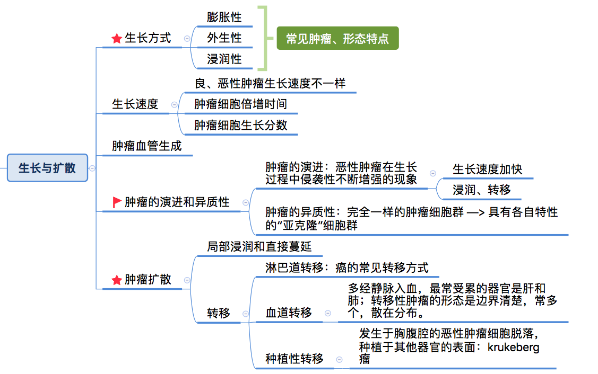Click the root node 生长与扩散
(47, 168)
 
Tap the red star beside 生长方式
(117, 39)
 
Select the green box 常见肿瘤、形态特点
(337, 39)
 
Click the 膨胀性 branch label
(224, 17)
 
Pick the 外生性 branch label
(224, 38)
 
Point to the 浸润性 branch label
(224, 59)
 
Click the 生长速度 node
(135, 104)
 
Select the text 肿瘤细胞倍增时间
(240, 104)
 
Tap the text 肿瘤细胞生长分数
(240, 125)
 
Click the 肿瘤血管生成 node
(146, 146)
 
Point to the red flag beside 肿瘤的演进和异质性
(117, 202)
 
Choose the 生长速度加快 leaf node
(487, 169)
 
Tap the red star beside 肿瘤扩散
(117, 280)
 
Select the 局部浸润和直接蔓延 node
(259, 246)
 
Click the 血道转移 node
(289, 313)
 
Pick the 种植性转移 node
(294, 359)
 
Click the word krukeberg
(513, 348)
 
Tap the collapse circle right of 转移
(245, 313)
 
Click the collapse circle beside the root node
(92, 168)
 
